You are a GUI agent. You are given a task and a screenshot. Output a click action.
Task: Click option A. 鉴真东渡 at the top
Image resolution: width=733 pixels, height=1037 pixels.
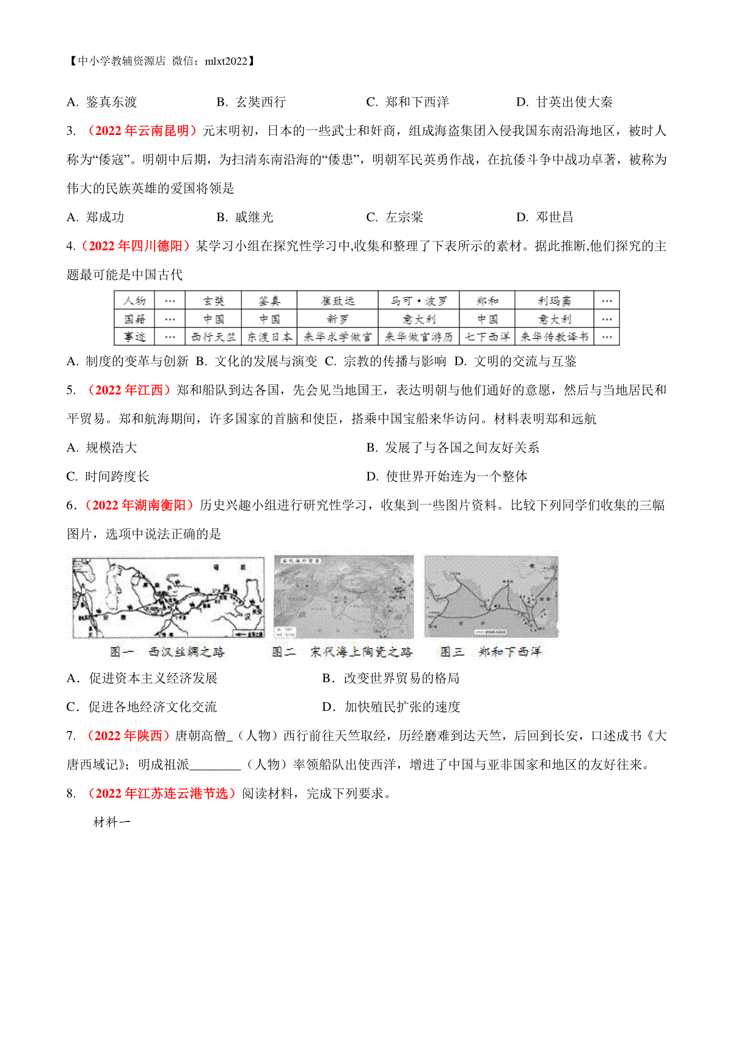[102, 102]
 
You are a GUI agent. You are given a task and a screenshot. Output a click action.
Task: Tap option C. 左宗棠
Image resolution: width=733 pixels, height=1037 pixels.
[395, 217]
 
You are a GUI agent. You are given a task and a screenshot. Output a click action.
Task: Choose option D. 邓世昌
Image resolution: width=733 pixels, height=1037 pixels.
[545, 217]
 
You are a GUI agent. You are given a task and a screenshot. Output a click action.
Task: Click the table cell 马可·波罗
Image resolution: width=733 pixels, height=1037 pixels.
[418, 300]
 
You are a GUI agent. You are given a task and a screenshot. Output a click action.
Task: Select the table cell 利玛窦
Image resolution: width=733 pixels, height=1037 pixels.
[554, 300]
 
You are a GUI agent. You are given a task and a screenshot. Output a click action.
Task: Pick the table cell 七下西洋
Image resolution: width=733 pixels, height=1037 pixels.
[487, 337]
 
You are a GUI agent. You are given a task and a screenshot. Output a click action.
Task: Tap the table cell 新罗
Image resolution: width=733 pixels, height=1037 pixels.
[337, 319]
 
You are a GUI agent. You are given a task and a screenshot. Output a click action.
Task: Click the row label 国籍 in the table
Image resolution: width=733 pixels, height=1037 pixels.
[134, 319]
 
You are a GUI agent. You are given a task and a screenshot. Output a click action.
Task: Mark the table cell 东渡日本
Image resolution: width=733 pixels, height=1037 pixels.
[269, 337]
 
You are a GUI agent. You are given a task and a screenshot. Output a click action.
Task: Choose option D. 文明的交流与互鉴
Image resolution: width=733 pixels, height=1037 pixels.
[516, 362]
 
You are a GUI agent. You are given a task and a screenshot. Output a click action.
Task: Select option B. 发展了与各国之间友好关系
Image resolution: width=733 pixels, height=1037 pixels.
[453, 448]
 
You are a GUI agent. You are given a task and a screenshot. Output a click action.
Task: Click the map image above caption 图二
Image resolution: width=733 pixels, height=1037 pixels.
[343, 597]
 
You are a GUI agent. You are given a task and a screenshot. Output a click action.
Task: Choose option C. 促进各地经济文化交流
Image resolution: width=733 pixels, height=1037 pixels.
[142, 707]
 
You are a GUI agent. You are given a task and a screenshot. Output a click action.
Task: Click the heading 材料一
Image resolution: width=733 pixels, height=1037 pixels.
[112, 822]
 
